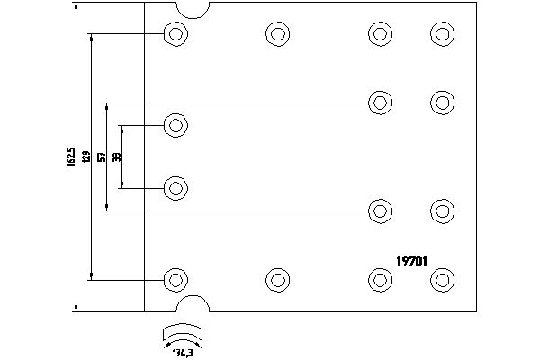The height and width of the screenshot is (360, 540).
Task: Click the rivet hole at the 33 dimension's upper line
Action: (175, 125)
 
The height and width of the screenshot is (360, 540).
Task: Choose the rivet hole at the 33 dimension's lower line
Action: (175, 189)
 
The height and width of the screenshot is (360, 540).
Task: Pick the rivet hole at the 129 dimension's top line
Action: (175, 35)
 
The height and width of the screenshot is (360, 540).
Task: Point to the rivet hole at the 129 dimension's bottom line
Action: (175, 279)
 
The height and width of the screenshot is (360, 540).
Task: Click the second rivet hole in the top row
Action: (277, 35)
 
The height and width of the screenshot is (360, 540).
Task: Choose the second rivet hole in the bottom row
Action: (277, 279)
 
